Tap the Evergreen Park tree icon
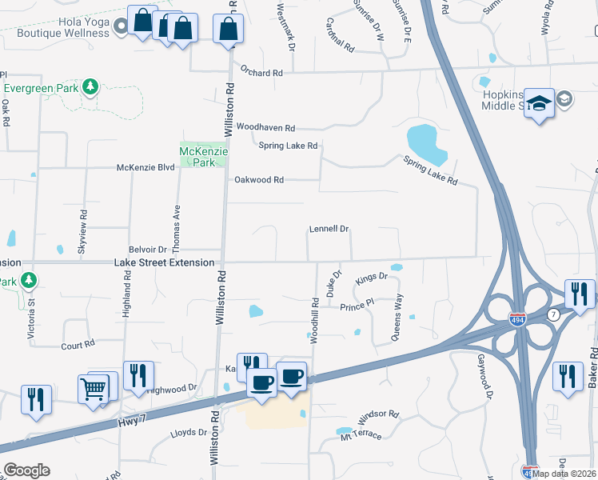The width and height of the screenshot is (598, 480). coord(91,86)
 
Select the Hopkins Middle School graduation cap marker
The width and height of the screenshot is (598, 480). coord(540,104)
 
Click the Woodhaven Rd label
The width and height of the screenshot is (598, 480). coord(266,128)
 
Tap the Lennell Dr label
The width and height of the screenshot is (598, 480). coord(329,230)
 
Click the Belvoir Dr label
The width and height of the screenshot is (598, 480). coord(148,250)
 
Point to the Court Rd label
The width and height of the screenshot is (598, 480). coord(78,346)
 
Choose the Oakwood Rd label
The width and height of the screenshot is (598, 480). coord(258,180)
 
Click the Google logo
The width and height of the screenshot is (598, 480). coord(26,470)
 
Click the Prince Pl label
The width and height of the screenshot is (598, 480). coord(357,306)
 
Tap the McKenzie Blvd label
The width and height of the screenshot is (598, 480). coord(146,167)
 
